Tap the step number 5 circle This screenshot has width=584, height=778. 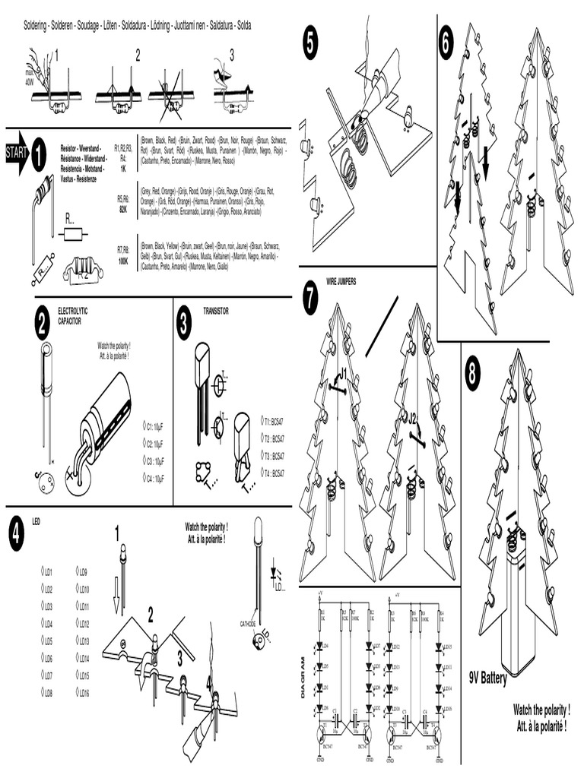click(x=309, y=43)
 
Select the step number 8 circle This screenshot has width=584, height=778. click(x=472, y=374)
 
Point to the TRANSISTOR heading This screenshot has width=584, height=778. click(x=215, y=312)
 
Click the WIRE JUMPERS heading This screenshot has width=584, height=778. click(x=341, y=282)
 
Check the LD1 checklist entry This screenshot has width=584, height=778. click(x=46, y=572)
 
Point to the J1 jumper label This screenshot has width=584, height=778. click(x=343, y=372)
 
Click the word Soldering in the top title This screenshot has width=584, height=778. click(x=37, y=26)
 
